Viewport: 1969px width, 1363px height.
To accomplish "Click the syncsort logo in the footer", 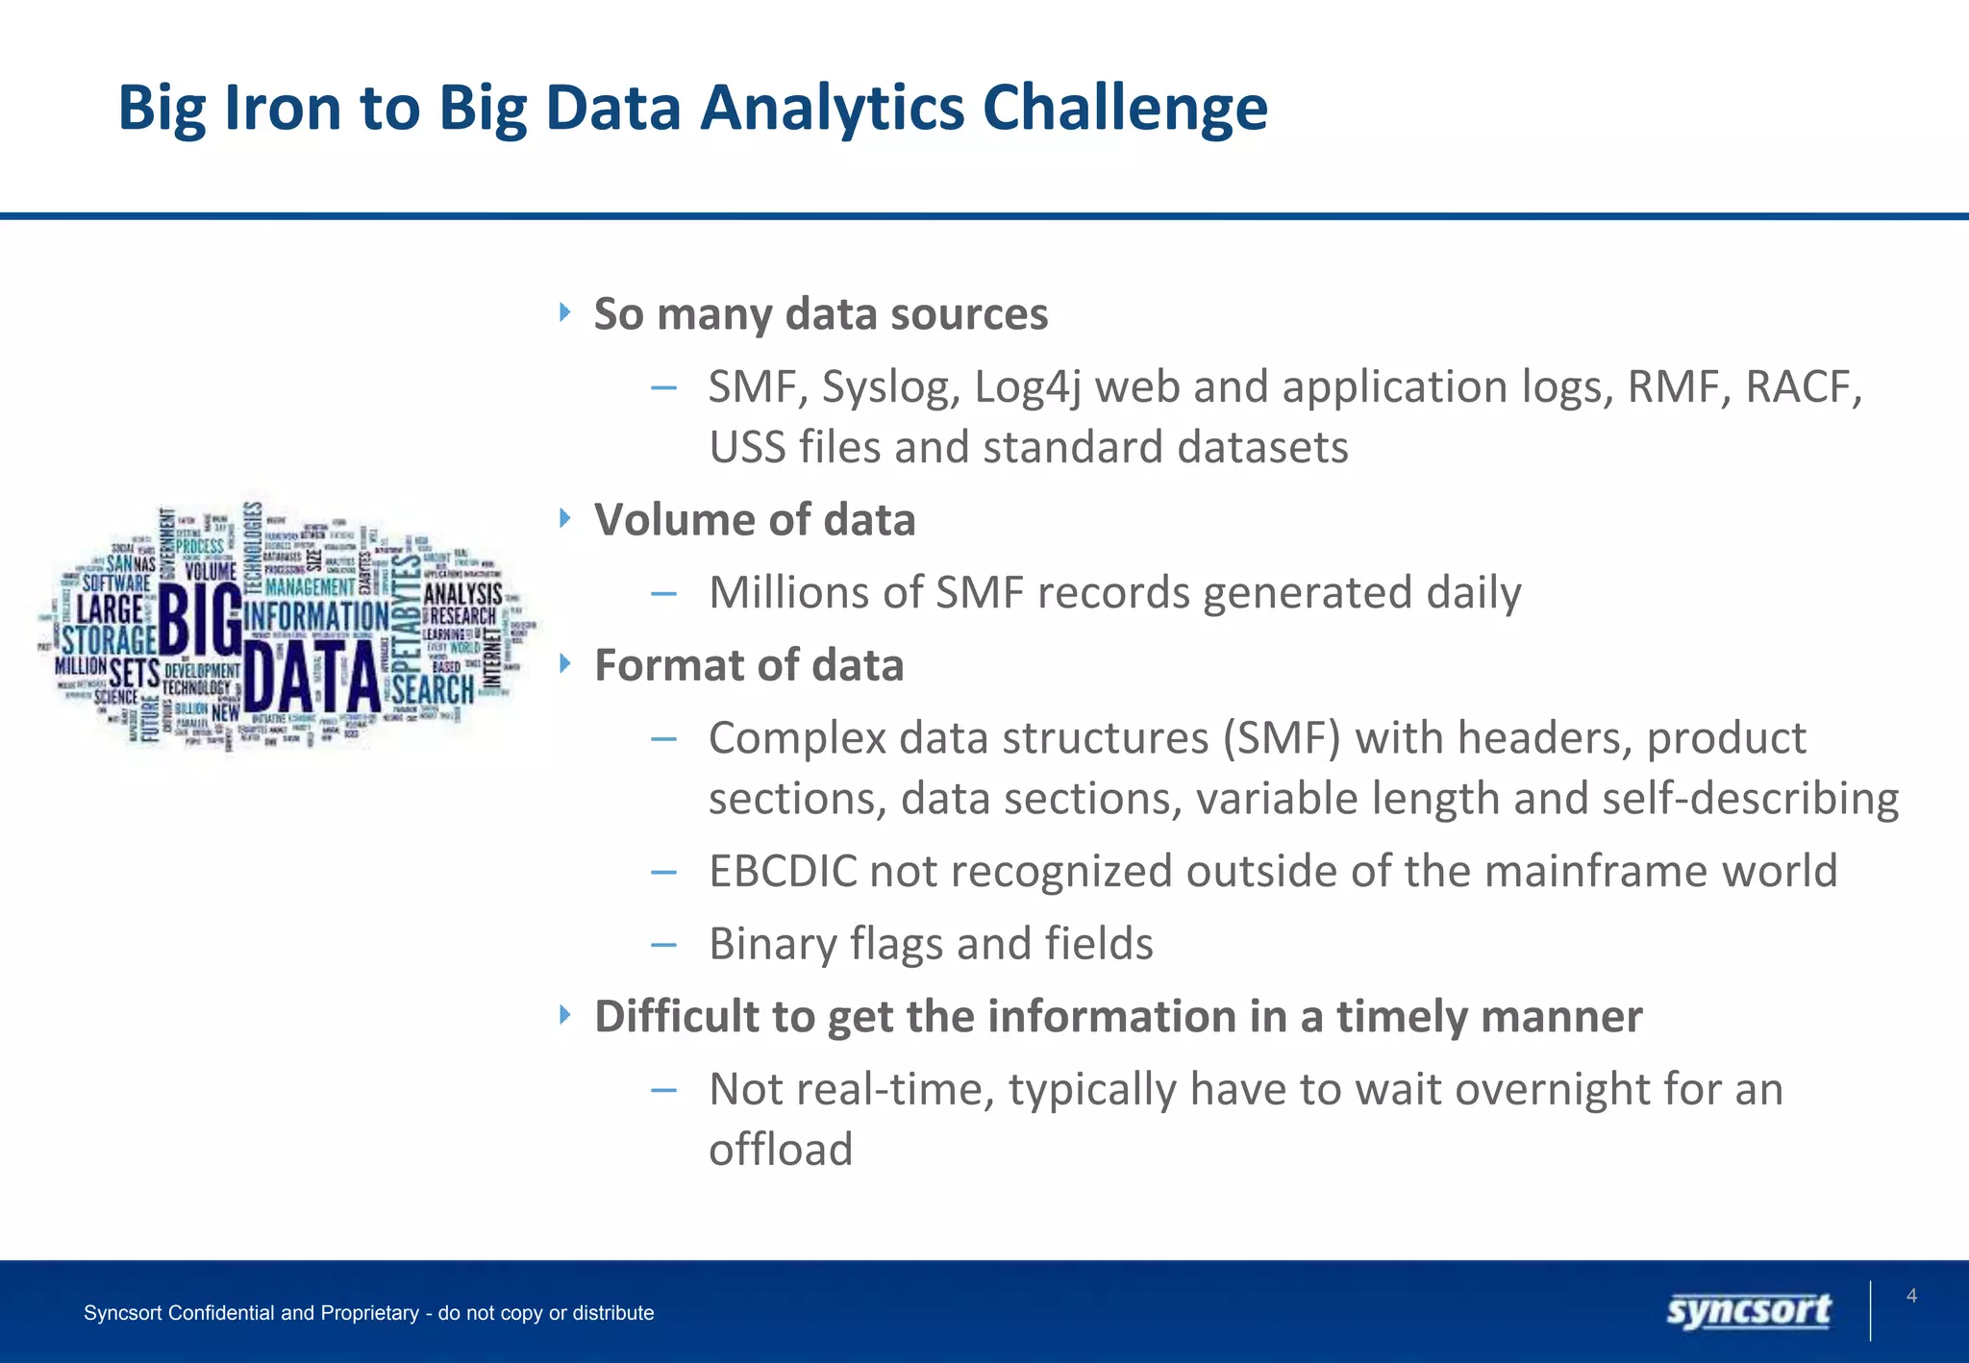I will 1748,1311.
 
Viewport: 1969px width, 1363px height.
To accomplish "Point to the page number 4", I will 1911,1296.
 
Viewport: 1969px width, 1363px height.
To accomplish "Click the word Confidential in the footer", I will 221,1313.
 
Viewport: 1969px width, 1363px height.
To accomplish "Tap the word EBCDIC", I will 783,872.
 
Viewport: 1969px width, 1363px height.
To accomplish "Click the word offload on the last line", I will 781,1150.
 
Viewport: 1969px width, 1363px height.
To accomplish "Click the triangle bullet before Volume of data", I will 565,519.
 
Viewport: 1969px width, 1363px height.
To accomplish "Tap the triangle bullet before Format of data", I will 565,663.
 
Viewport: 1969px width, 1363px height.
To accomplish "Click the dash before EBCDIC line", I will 663,872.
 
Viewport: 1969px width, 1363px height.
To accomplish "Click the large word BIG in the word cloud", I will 199,621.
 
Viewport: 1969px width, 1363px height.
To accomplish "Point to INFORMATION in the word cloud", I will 315,616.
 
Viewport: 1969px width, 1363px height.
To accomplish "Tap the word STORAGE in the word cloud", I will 108,639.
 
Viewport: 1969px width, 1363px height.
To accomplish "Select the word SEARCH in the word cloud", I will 433,689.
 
